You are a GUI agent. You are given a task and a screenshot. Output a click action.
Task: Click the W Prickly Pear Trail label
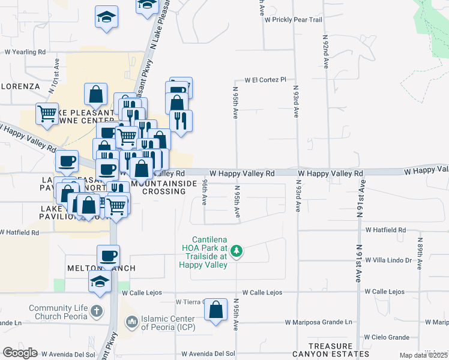pyautogui.click(x=294, y=20)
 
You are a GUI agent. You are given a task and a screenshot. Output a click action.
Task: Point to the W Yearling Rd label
pyautogui.click(x=25, y=52)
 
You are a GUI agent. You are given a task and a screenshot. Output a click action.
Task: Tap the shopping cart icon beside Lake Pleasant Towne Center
pyautogui.click(x=47, y=113)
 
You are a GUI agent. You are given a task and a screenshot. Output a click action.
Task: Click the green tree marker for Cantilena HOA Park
pyautogui.click(x=237, y=250)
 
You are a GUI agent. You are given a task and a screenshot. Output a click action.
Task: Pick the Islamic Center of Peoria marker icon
pyautogui.click(x=131, y=323)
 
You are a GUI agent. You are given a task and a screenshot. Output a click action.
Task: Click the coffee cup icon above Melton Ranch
pyautogui.click(x=108, y=256)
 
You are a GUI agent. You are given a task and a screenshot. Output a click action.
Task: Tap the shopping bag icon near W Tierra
pyautogui.click(x=215, y=310)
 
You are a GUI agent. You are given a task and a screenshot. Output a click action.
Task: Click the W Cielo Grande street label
pyautogui.click(x=386, y=337)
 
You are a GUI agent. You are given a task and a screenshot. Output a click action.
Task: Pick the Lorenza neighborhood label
pyautogui.click(x=19, y=86)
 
